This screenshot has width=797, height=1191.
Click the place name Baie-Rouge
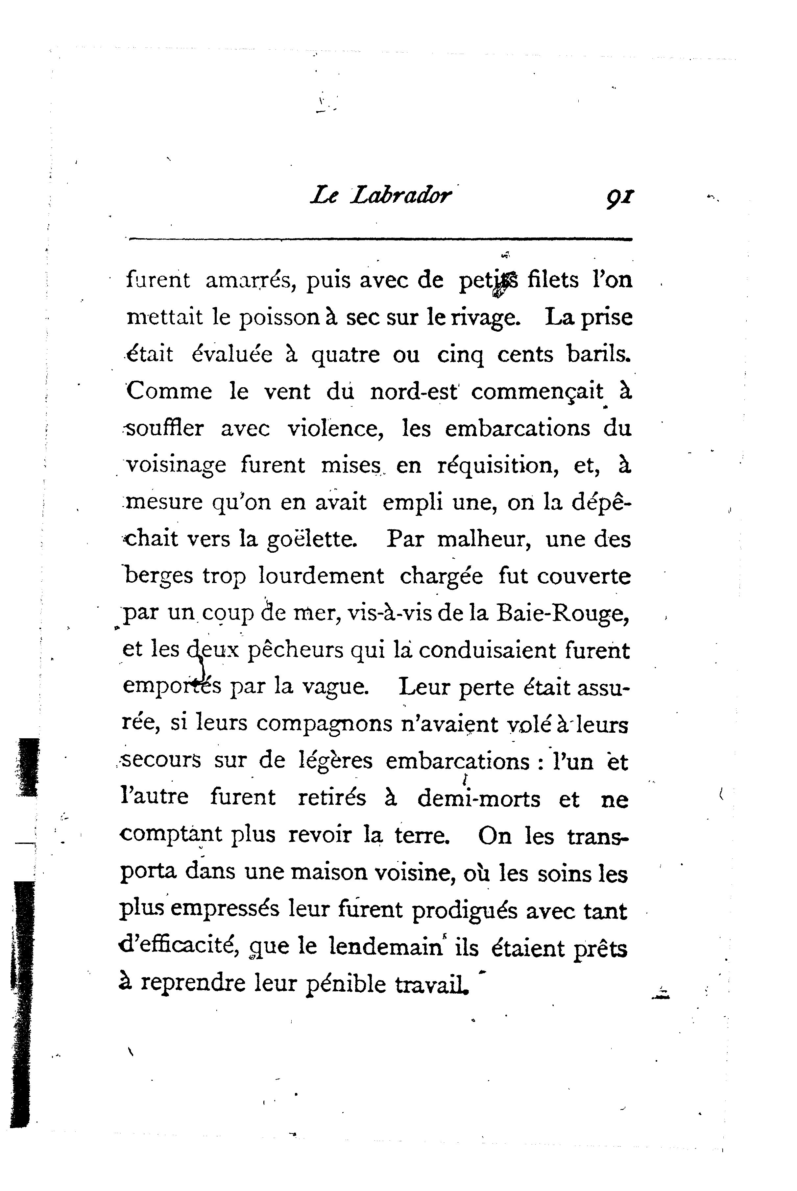pos(563,613)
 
